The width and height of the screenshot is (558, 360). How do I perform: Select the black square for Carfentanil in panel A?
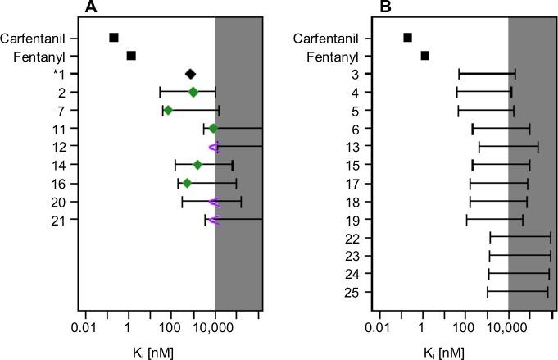pos(114,37)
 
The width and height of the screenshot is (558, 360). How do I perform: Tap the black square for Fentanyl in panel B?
pos(424,56)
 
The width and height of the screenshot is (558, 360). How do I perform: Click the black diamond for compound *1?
pos(190,74)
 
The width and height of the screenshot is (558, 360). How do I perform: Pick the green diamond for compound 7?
pos(168,110)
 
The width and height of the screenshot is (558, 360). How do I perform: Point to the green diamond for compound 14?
pos(197,165)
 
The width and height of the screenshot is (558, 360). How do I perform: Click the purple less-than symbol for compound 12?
pos(214,147)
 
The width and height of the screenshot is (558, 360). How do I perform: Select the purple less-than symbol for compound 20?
pos(214,202)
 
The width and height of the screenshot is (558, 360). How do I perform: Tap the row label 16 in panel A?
pos(71,184)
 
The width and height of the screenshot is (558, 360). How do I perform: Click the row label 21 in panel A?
pos(71,220)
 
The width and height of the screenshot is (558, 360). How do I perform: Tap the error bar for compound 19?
pos(495,220)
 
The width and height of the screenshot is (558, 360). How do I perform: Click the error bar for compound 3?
pos(487,74)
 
